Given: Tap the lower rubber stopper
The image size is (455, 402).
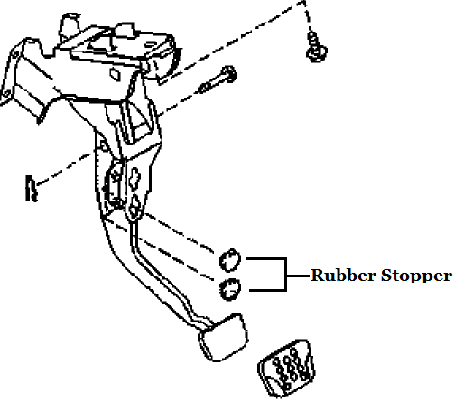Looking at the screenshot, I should coord(230,289).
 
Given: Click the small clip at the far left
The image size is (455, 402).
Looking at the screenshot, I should coord(29,187).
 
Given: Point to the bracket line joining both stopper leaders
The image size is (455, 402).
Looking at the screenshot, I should coord(286,274).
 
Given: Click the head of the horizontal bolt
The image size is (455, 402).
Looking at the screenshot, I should coord(229,73).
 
